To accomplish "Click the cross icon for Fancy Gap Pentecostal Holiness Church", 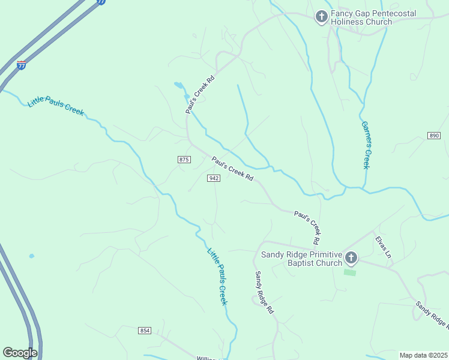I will click(x=322, y=17).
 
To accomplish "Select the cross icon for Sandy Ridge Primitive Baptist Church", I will click(x=351, y=259).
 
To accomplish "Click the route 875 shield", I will click(x=184, y=159).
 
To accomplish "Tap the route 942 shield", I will click(x=214, y=178).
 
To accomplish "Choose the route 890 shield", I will click(x=434, y=136).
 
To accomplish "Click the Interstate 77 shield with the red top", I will click(x=22, y=65).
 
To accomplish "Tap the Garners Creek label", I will click(x=365, y=145).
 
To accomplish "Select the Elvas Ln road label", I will click(x=384, y=247).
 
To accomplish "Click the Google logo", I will click(x=20, y=353).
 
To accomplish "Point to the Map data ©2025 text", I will click(x=423, y=355).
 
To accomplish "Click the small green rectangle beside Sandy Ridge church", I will click(x=349, y=272).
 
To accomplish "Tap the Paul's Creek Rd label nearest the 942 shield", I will click(x=232, y=169).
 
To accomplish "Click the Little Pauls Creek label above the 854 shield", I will click(x=217, y=277).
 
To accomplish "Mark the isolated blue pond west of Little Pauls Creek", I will click(x=31, y=256).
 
